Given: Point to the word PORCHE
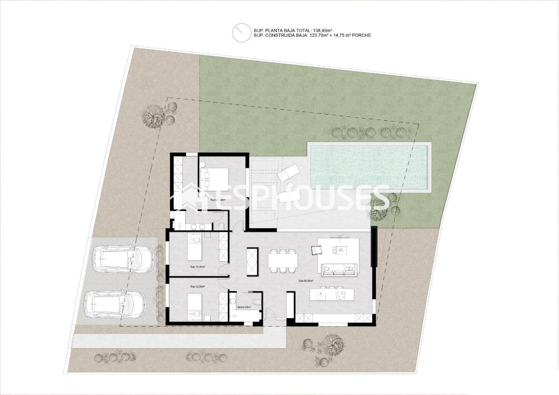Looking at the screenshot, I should (x=361, y=35).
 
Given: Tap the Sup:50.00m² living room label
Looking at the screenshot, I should (x=306, y=281).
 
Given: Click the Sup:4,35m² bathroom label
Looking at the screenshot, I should (x=244, y=307).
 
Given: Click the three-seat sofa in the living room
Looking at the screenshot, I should (x=339, y=270).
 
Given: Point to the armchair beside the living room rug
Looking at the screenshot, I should (x=316, y=250).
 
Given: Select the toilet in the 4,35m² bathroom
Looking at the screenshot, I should (x=257, y=302).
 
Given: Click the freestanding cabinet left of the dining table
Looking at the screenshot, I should (x=252, y=261).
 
